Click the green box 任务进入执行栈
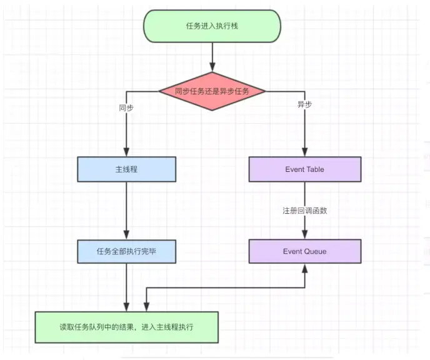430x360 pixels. [212, 26]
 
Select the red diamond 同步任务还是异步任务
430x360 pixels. [212, 91]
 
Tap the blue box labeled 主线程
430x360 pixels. [126, 169]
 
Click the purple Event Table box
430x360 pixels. [304, 169]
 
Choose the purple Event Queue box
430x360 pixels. [304, 251]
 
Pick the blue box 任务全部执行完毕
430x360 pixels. [126, 251]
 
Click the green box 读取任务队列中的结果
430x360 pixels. [127, 327]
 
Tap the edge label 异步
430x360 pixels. [305, 104]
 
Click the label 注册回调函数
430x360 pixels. [304, 211]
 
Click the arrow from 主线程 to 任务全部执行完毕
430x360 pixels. [126, 210]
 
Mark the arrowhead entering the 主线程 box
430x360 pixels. [126, 152]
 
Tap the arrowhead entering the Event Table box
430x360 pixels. [305, 152]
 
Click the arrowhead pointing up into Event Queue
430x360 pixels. [305, 267]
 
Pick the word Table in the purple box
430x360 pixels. [315, 169]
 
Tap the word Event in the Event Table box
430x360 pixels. [294, 169]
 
